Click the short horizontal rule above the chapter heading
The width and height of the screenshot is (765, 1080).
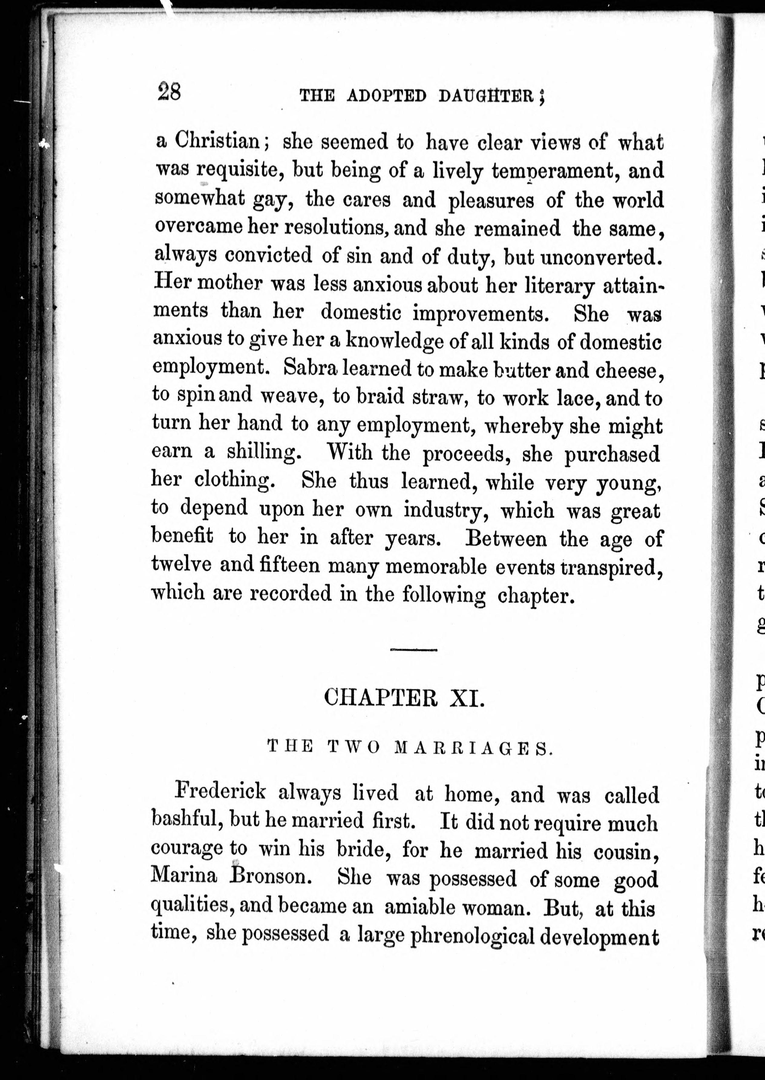tap(414, 650)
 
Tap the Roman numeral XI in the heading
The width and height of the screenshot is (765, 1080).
tap(466, 697)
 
